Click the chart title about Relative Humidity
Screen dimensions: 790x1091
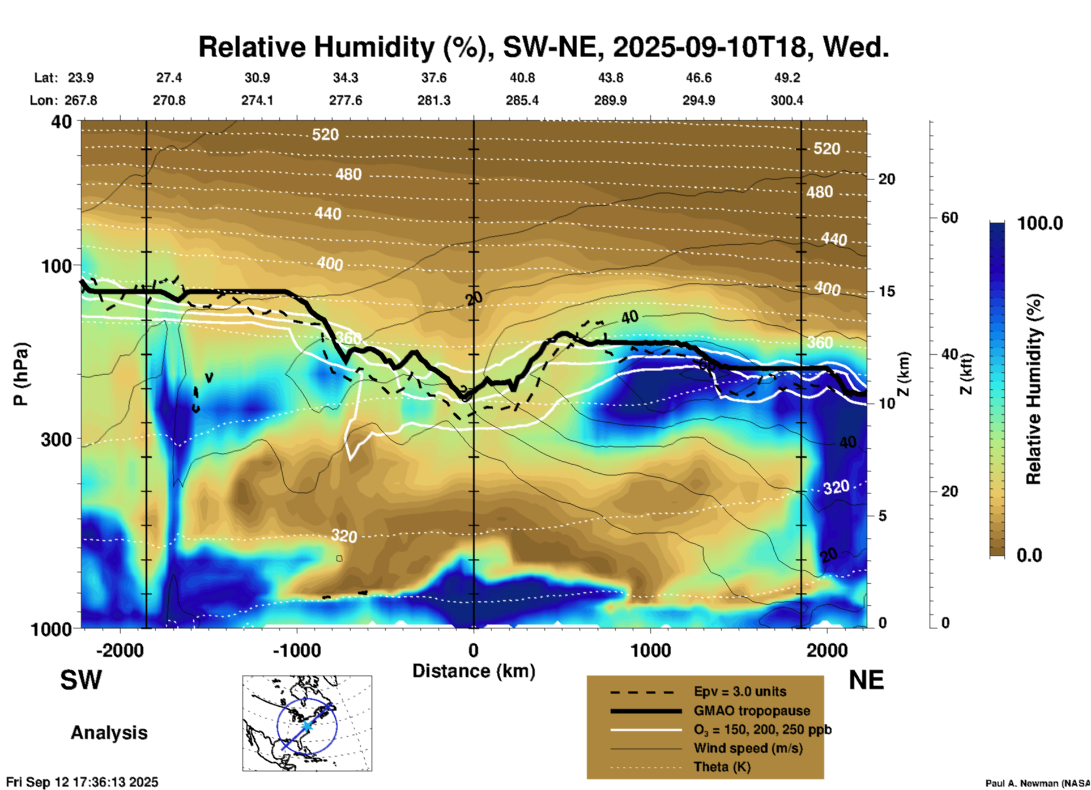pos(543,47)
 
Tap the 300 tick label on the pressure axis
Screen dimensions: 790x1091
pos(57,439)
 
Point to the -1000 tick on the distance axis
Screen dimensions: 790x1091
pos(296,650)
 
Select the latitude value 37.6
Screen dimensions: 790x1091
pos(433,78)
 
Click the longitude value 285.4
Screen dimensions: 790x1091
pos(522,100)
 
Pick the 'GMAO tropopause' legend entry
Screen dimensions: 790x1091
pos(751,711)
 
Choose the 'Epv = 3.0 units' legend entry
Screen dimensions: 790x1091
pos(739,692)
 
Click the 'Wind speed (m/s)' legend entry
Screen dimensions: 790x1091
pos(748,748)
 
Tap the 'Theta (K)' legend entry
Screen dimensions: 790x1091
pos(722,767)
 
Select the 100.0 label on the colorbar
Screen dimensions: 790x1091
pos(1040,223)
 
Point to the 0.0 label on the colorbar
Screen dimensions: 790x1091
pos(1029,555)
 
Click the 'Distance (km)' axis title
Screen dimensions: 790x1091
pos(474,671)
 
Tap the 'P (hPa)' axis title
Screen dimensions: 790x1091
pos(21,374)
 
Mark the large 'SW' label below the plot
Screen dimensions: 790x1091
pos(81,680)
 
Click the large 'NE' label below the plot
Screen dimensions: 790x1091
pos(866,680)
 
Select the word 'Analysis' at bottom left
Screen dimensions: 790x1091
pos(109,733)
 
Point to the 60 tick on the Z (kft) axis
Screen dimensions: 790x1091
pos(949,218)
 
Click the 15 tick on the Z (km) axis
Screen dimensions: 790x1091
pos(887,291)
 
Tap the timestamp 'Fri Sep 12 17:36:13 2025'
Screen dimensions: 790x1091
pos(82,782)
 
